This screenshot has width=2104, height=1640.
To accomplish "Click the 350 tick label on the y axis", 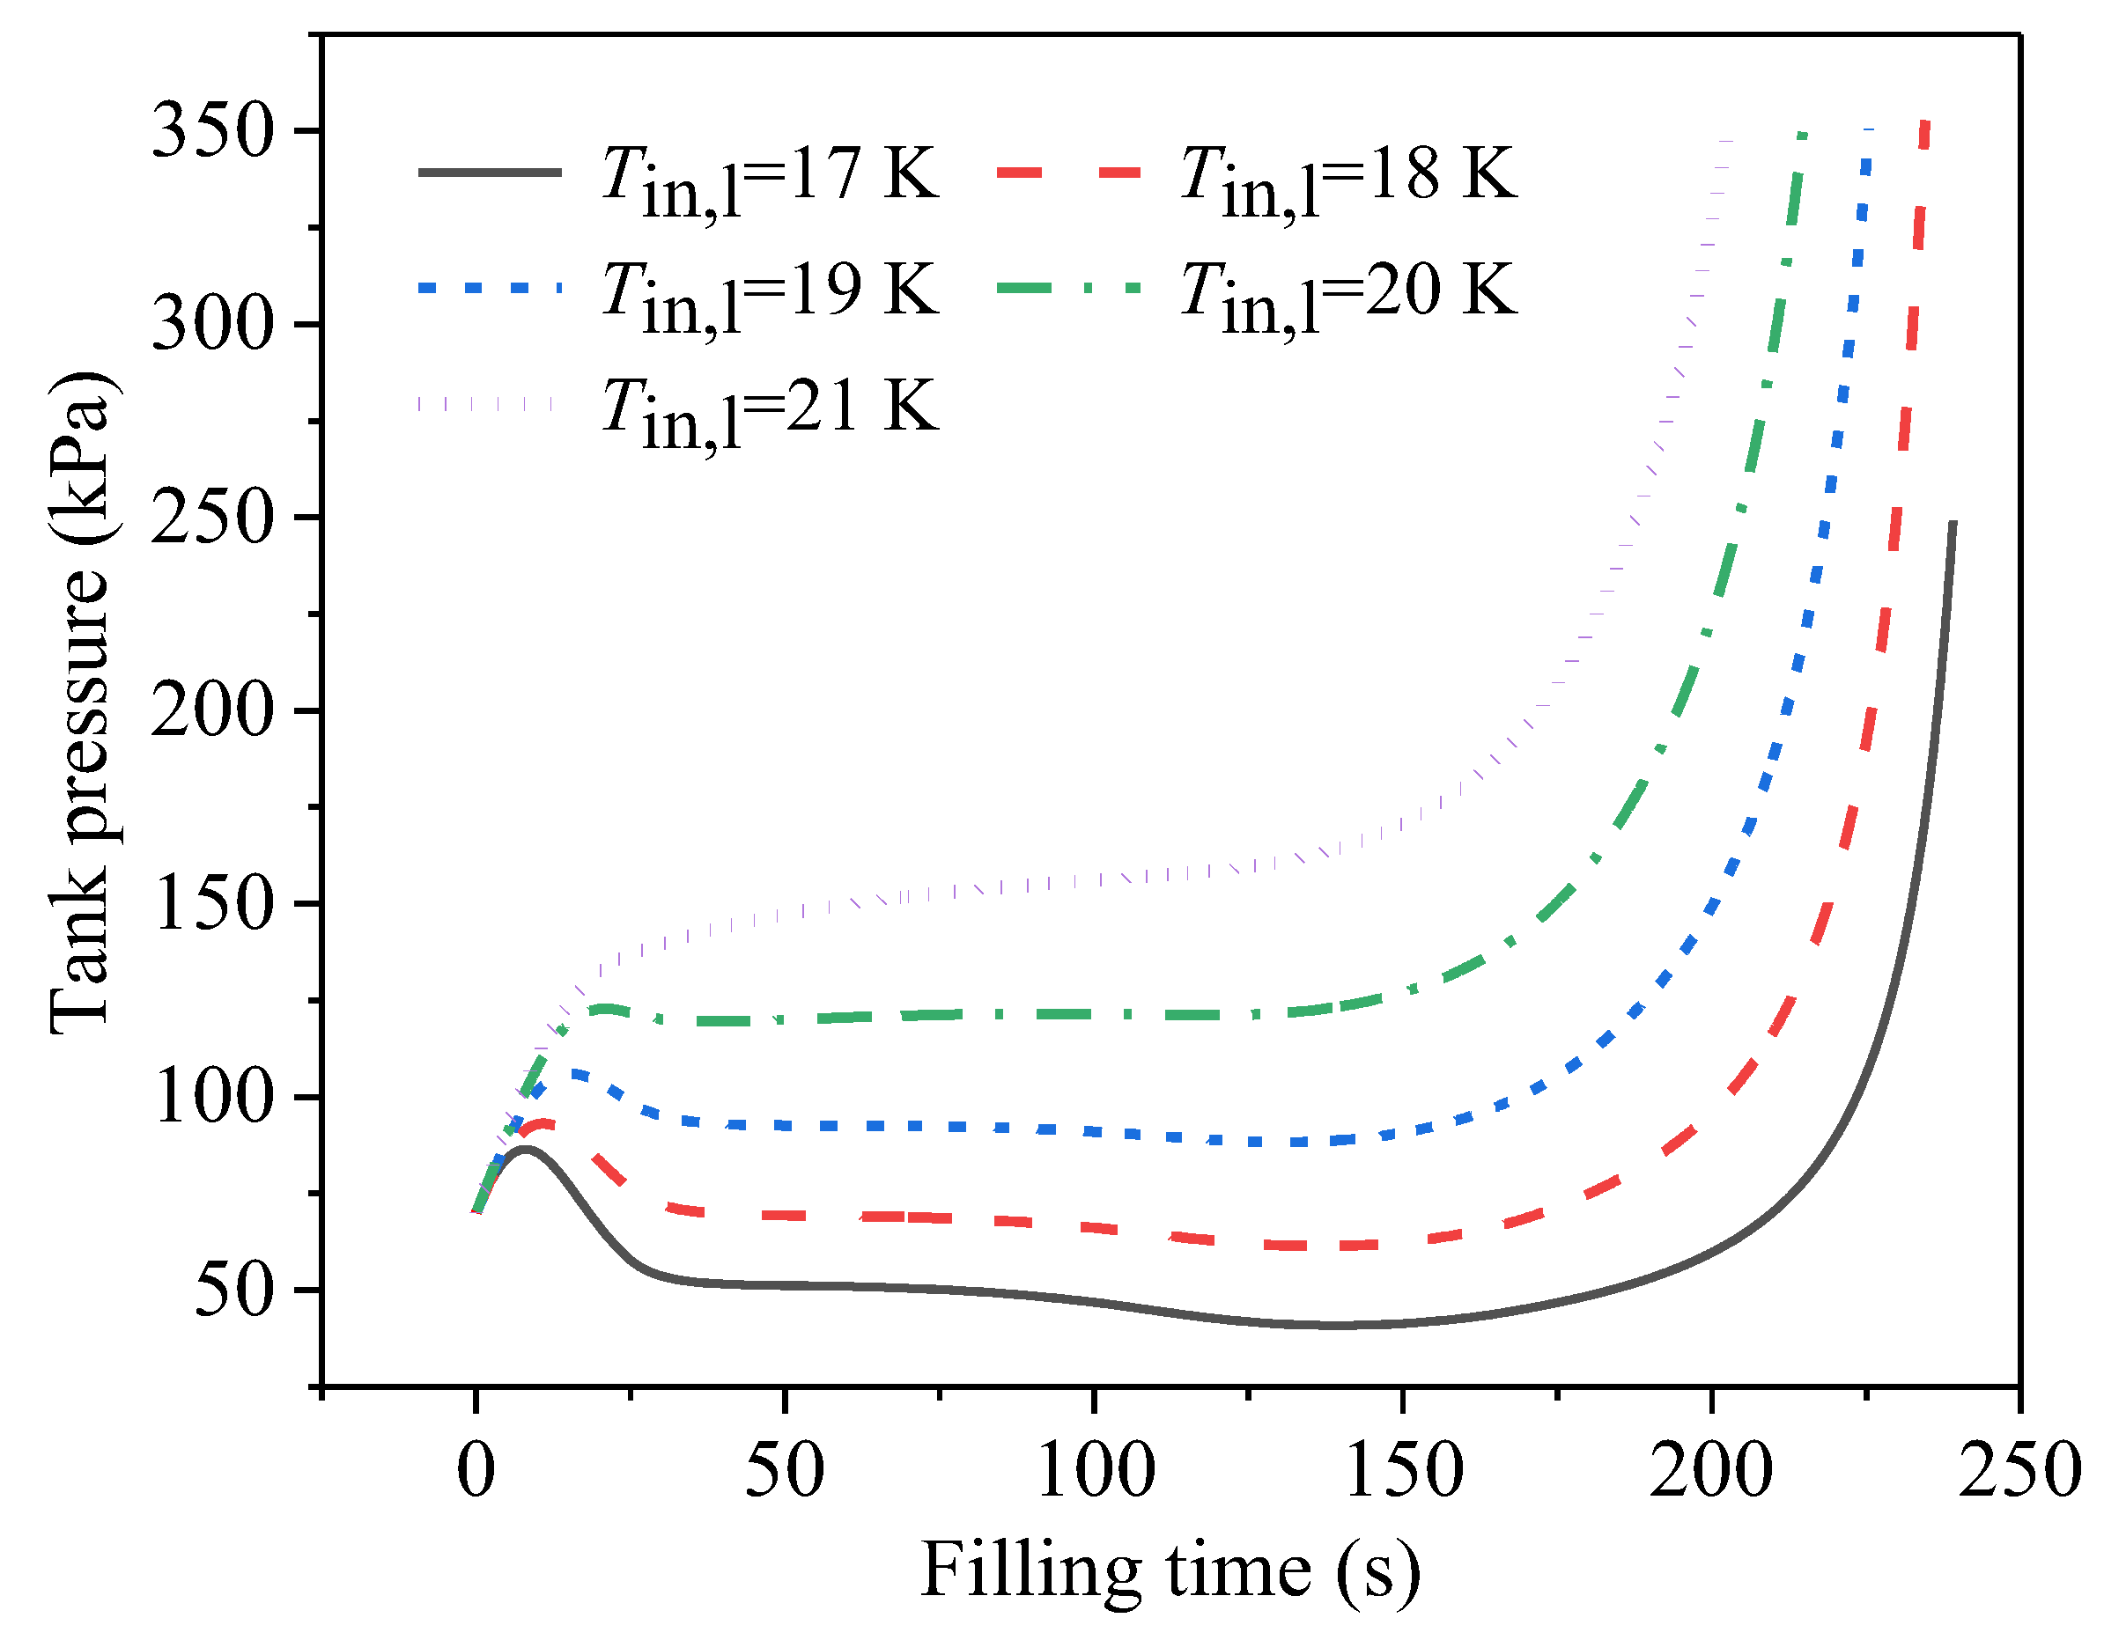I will (213, 131).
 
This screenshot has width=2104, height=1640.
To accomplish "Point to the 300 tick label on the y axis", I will (213, 325).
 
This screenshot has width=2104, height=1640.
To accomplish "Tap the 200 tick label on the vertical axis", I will (213, 710).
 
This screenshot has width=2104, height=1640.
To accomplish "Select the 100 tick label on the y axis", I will (213, 1097).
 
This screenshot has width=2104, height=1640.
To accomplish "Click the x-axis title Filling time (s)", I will (1170, 1570).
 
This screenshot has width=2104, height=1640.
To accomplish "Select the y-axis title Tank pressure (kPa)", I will (81, 703).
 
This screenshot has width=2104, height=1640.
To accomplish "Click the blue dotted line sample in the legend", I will (490, 288).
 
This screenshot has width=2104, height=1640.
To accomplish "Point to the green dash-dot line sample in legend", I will (1068, 288).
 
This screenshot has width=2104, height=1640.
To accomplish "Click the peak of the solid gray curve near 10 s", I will (526, 1149).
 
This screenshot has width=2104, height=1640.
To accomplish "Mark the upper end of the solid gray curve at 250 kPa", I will (1953, 523).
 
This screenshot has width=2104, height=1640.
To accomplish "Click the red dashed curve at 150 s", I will (1403, 1244).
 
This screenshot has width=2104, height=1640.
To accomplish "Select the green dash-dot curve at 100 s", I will (1095, 1014).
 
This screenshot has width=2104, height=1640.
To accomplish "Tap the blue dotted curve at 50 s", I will (785, 1126).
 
